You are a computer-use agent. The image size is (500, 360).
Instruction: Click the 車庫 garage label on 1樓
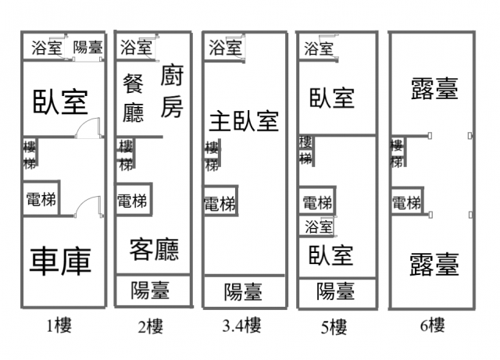click(61, 261)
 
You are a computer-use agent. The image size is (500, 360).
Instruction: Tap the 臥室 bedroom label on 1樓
click(60, 101)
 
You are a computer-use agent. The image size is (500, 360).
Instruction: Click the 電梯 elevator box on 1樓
click(40, 199)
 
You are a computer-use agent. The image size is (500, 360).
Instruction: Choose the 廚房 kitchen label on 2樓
click(172, 91)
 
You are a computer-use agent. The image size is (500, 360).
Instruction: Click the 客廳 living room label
click(154, 249)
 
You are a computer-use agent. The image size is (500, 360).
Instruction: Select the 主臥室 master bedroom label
click(244, 121)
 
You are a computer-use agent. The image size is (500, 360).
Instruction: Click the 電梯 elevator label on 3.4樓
click(220, 204)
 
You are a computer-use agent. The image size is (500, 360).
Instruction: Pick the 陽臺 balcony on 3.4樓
click(244, 292)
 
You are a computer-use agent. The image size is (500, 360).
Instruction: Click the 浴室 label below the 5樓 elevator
click(319, 227)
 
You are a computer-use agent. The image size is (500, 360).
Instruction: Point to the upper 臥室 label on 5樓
click(332, 98)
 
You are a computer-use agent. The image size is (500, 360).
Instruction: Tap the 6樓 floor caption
click(430, 325)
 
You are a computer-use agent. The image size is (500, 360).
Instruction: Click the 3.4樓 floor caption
click(242, 326)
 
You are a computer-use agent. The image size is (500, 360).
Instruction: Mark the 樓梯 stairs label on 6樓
click(398, 153)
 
